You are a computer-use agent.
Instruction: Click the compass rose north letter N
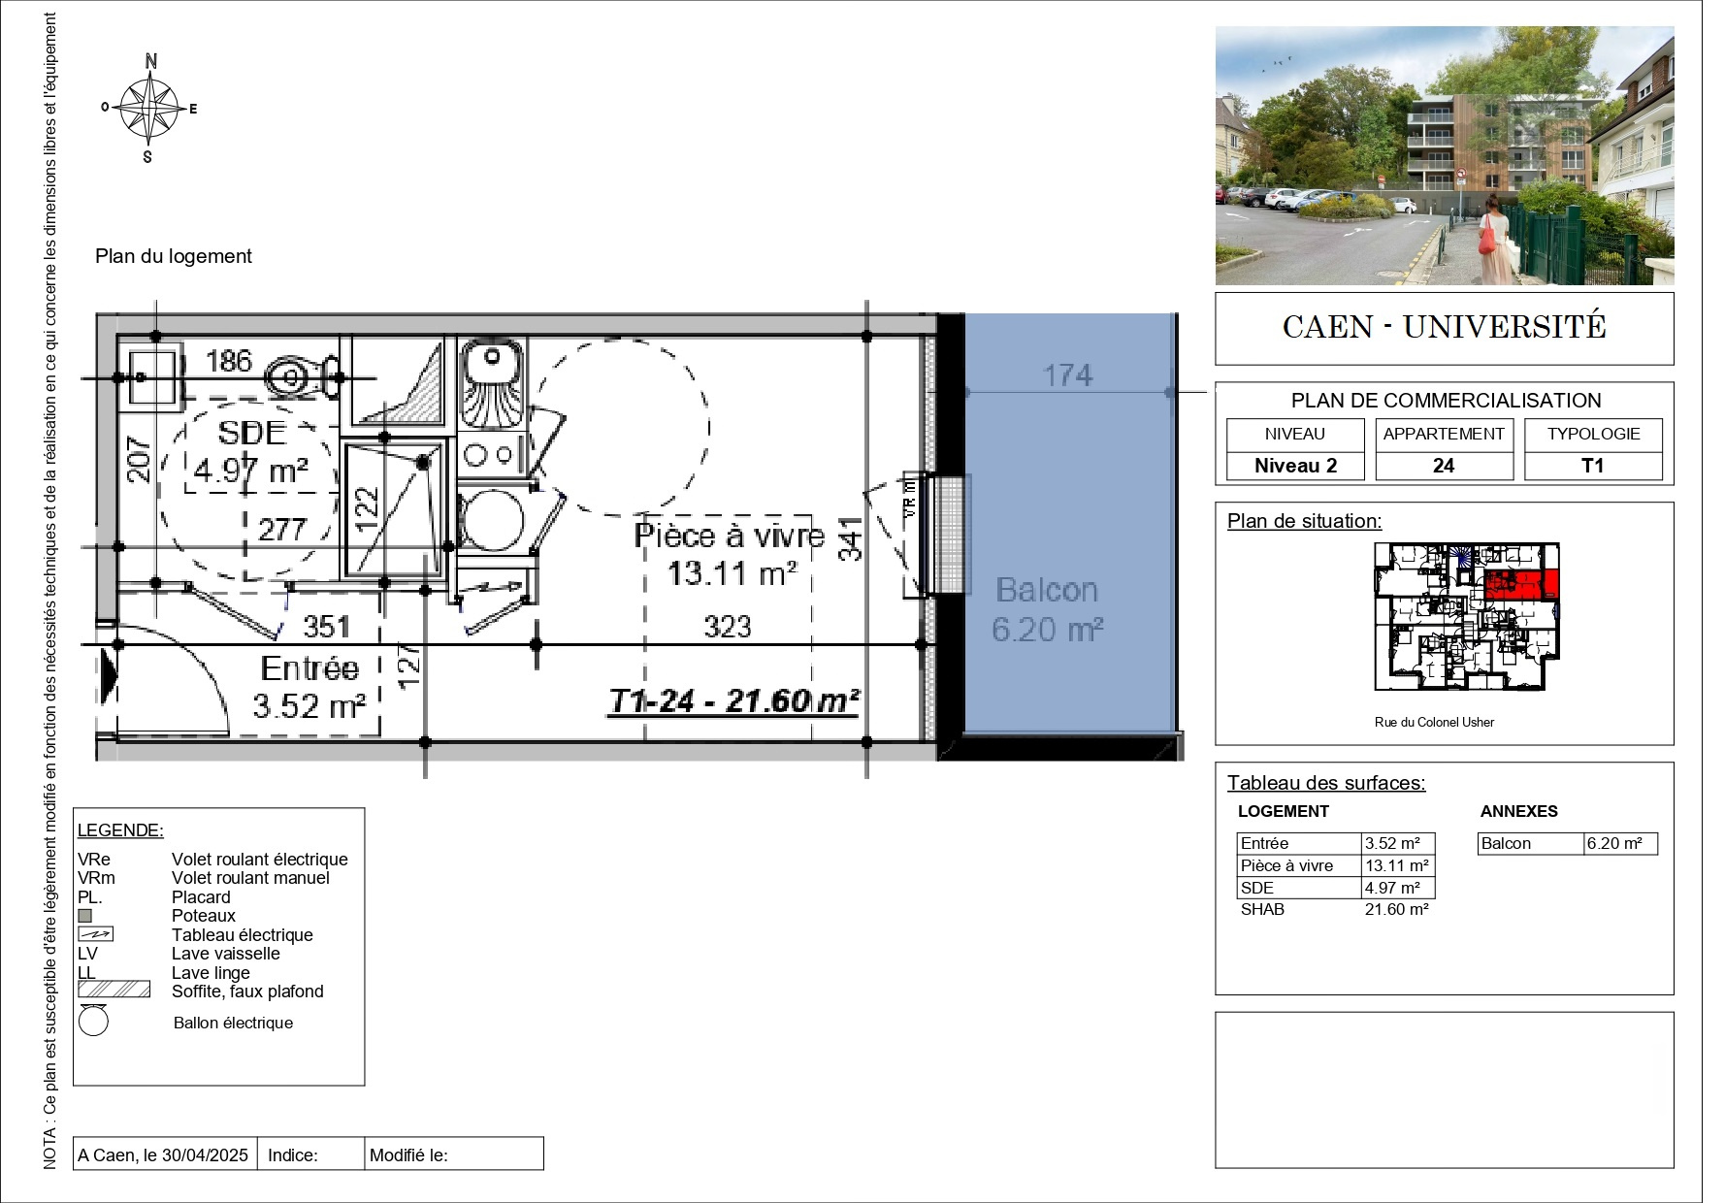(x=151, y=61)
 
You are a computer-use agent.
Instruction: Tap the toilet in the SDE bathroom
(x=303, y=376)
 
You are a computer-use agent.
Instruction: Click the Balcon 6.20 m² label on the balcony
(x=1047, y=609)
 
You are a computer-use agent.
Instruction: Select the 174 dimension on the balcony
(x=1067, y=375)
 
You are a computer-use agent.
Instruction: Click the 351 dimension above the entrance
(x=326, y=627)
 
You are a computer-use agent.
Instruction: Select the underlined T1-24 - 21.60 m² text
(x=733, y=700)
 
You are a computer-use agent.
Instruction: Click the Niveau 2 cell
(x=1295, y=466)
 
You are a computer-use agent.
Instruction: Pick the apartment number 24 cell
(x=1444, y=466)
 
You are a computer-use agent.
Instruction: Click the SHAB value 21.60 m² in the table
(x=1397, y=910)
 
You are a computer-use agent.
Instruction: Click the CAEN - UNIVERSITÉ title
(x=1445, y=327)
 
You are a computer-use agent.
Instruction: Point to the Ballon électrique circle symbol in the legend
(x=93, y=1022)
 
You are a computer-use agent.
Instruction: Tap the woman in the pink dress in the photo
(x=1492, y=238)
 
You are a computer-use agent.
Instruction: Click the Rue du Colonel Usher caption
(x=1434, y=722)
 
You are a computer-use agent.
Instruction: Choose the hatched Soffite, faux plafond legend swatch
(x=114, y=990)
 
